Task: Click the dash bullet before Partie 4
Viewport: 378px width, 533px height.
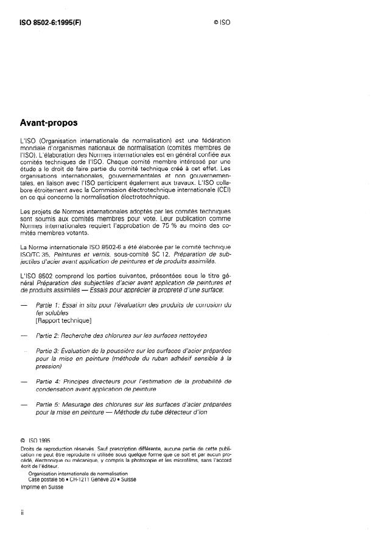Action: click(x=24, y=382)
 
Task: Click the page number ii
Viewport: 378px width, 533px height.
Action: click(x=23, y=512)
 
